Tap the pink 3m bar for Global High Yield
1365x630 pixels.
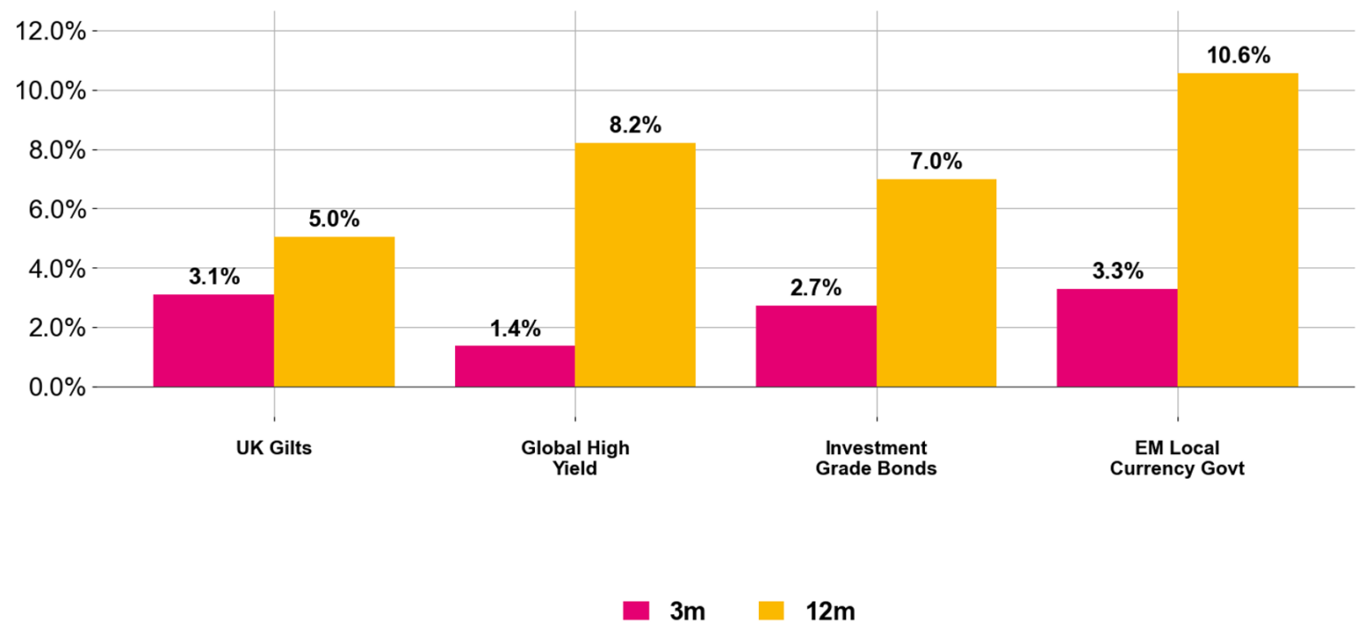tap(515, 366)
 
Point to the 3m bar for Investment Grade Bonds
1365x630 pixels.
tap(816, 347)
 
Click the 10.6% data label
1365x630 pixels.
tap(1238, 56)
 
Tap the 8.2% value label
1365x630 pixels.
tap(635, 125)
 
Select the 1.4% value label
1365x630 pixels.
tap(515, 329)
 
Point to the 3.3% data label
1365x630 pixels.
tap(1118, 272)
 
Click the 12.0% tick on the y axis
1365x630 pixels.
tap(52, 31)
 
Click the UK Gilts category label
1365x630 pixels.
tap(274, 448)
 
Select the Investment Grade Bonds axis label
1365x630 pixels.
tap(876, 458)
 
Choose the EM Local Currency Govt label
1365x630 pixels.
tap(1177, 458)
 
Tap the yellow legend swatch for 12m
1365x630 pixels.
tap(771, 611)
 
